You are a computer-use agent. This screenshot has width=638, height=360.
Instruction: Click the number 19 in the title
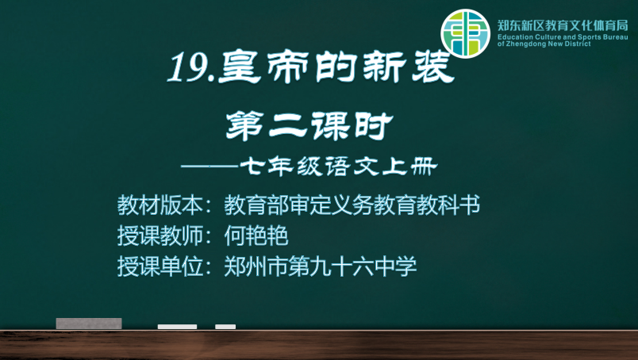pyautogui.click(x=189, y=67)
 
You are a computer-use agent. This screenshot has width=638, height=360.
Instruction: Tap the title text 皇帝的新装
pyautogui.click(x=336, y=67)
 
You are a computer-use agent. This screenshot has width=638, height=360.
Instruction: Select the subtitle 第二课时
pyautogui.click(x=309, y=127)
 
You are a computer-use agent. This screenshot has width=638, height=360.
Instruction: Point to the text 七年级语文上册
pyautogui.click(x=339, y=167)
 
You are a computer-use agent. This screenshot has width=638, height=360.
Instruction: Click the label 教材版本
pyautogui.click(x=160, y=205)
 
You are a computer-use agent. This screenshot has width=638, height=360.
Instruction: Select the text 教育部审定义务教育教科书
pyautogui.click(x=352, y=205)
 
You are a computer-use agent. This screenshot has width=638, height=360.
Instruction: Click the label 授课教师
pyautogui.click(x=160, y=236)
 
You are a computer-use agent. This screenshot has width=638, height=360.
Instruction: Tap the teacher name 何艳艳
pyautogui.click(x=256, y=236)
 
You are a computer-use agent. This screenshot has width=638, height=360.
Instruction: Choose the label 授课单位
pyautogui.click(x=160, y=267)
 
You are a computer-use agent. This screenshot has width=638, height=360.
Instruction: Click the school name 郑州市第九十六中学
pyautogui.click(x=321, y=267)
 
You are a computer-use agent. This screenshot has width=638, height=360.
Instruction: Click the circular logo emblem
pyautogui.click(x=466, y=33)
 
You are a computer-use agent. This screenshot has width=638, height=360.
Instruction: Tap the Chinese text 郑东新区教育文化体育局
pyautogui.click(x=563, y=25)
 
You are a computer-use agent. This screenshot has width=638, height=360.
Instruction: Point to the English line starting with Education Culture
pyautogui.click(x=563, y=37)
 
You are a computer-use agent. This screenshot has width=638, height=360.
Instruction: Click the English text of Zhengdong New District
pyautogui.click(x=544, y=44)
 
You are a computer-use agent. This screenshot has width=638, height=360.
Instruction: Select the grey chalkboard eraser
pyautogui.click(x=89, y=324)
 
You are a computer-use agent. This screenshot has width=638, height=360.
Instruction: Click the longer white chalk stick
pyautogui.click(x=177, y=327)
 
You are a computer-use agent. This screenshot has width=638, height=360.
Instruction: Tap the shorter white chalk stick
pyautogui.click(x=225, y=327)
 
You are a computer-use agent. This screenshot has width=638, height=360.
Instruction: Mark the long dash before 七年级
pyautogui.click(x=210, y=167)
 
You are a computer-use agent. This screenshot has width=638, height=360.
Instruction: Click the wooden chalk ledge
pyautogui.click(x=319, y=345)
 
